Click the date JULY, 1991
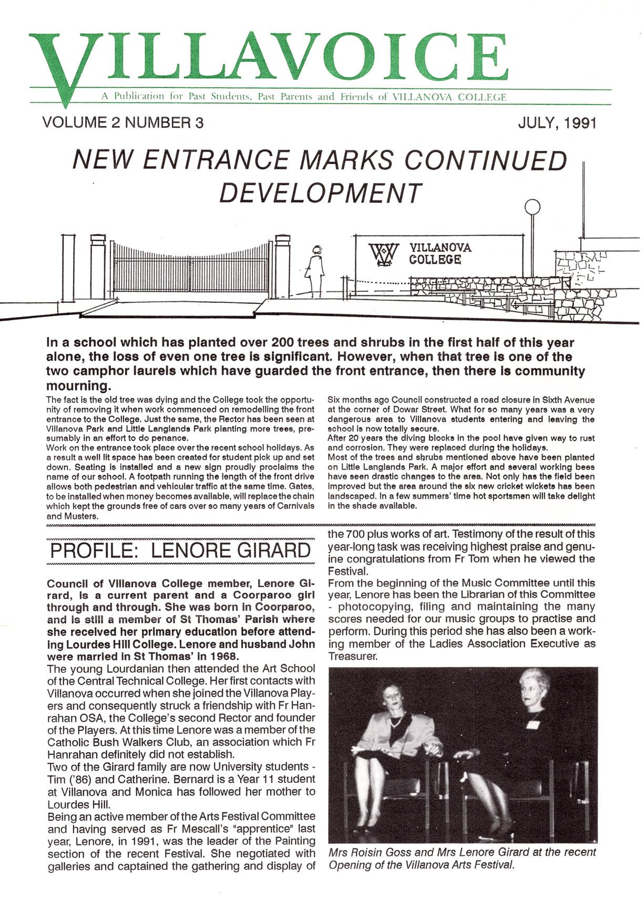click(x=557, y=123)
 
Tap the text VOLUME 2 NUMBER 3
click(x=123, y=123)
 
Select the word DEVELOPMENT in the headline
click(x=320, y=192)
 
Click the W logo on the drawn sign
click(x=383, y=254)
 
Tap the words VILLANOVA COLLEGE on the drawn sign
click(x=440, y=253)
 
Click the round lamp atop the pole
click(x=533, y=207)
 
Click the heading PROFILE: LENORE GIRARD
click(x=180, y=550)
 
